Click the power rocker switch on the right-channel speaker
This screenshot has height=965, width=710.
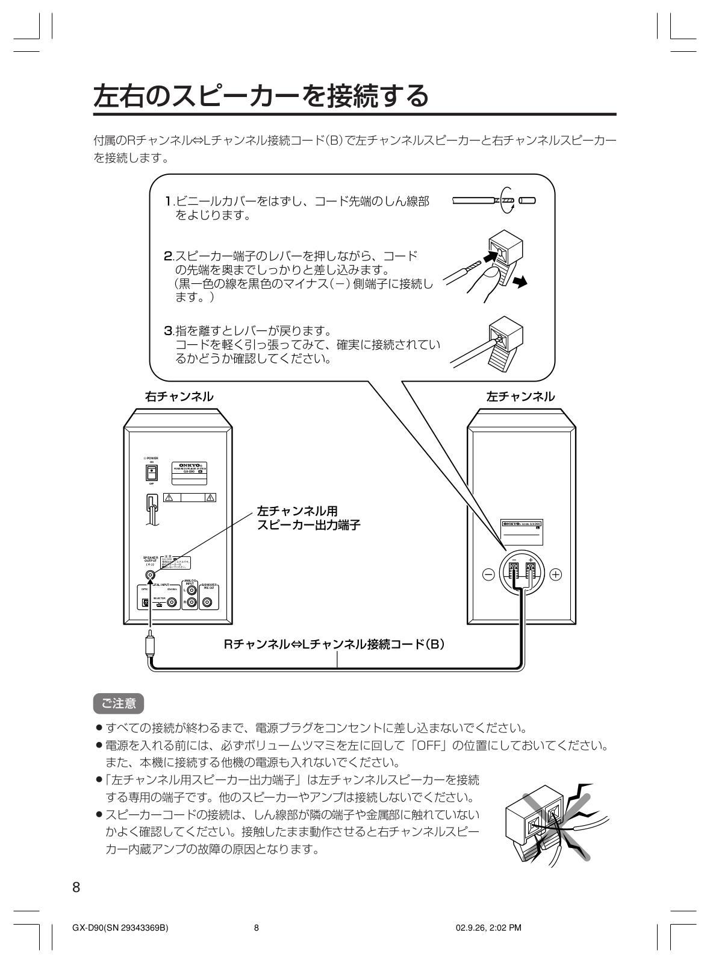[x=153, y=473]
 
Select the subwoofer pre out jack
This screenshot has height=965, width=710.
[x=208, y=602]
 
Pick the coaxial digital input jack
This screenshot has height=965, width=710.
[x=172, y=602]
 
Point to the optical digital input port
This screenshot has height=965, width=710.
[x=145, y=602]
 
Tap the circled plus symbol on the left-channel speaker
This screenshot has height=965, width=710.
[x=555, y=574]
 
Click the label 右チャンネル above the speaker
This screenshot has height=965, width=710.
[x=179, y=397]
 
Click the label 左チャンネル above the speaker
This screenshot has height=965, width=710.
[x=520, y=397]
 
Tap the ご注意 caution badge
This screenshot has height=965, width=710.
[x=119, y=703]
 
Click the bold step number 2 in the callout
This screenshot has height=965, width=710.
[x=169, y=256]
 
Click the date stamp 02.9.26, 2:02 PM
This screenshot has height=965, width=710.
[x=488, y=928]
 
